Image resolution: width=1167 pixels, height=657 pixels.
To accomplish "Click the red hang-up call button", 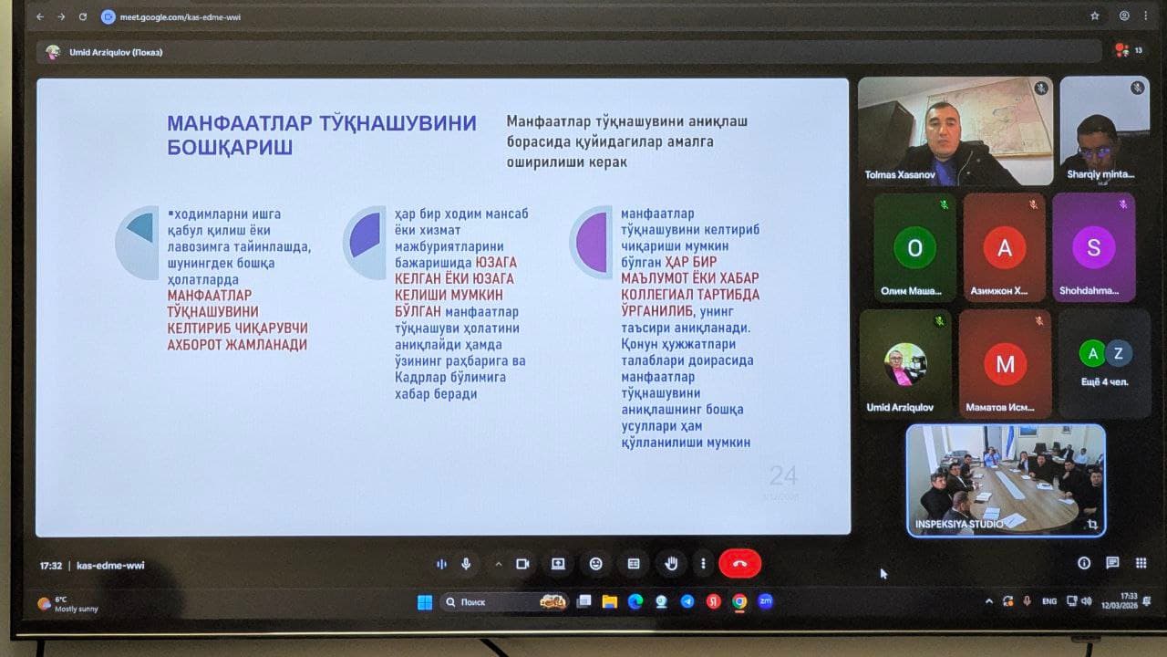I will [739, 564].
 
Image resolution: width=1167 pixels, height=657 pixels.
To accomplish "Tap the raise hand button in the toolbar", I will [671, 564].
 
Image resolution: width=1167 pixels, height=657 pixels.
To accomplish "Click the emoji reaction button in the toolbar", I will [595, 564].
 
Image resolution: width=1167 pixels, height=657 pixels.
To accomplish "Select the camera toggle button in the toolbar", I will [522, 564].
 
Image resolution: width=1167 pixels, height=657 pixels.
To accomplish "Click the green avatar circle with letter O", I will [914, 247].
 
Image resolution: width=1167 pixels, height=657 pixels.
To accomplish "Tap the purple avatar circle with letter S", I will [1093, 247].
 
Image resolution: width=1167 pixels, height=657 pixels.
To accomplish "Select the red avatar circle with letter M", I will [1005, 365].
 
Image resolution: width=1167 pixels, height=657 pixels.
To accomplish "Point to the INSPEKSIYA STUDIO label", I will [960, 524].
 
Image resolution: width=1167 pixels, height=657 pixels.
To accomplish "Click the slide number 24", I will [783, 475].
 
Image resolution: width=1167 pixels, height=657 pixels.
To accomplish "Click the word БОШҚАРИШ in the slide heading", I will [230, 148].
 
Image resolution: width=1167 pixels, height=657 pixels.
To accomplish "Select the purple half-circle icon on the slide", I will [593, 243].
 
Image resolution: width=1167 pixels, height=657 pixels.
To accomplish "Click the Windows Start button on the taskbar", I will [425, 602].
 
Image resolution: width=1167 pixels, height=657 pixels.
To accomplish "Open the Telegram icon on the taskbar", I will [687, 602].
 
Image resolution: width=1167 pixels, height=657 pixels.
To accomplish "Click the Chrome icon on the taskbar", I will [739, 602].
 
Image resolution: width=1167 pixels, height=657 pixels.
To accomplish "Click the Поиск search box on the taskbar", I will [492, 602].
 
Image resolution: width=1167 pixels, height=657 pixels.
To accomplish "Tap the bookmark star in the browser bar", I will [1094, 16].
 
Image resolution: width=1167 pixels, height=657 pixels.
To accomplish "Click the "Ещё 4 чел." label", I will [1105, 381].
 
